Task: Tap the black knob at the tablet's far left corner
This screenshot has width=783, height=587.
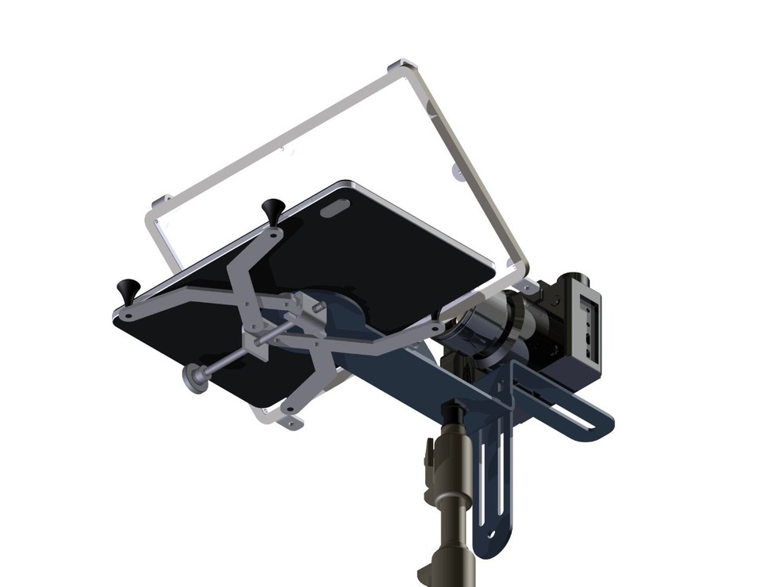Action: tap(128, 289)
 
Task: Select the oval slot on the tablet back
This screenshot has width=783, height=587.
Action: tap(336, 208)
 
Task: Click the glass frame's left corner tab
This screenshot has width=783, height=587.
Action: tap(159, 201)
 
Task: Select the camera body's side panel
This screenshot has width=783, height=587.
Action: tap(587, 321)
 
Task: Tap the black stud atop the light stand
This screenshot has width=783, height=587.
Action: tap(453, 412)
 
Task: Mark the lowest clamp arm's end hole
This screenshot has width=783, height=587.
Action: tap(291, 423)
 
